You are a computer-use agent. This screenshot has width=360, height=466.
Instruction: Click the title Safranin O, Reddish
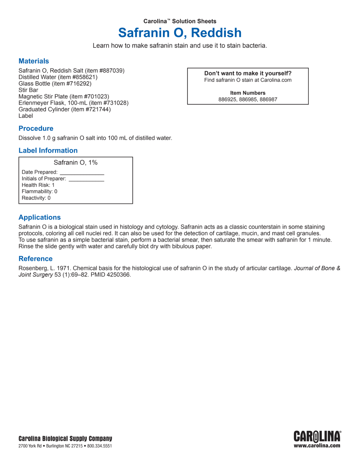coord(180,33)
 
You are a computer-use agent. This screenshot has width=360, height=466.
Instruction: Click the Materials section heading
coord(34,61)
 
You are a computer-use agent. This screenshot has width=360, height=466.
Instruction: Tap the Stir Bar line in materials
coord(28,90)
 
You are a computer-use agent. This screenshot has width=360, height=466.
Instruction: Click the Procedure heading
coord(36,128)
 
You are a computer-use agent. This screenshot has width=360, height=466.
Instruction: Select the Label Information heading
coord(48,151)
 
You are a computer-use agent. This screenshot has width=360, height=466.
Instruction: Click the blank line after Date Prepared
coord(82,173)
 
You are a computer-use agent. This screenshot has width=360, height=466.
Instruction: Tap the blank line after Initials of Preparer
coord(86,180)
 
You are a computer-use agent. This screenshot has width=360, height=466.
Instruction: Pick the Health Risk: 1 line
coord(38,185)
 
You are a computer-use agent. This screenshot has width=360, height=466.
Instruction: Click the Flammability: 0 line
coord(39,191)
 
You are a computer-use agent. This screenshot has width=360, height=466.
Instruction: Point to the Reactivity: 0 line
coord(36,198)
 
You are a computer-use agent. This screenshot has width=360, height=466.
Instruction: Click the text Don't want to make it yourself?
coord(248,74)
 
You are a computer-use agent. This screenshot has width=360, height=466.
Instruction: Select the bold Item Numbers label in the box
coord(248,93)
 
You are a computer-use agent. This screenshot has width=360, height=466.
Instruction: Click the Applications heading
coord(40,218)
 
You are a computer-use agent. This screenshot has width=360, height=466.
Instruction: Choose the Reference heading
coord(35,259)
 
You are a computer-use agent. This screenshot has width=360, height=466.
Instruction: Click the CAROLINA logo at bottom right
coord(317,437)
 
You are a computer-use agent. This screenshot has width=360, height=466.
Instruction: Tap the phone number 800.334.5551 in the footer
coord(100,446)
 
